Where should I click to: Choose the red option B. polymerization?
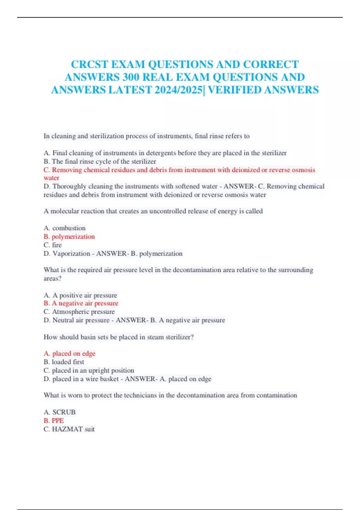pos(69,237)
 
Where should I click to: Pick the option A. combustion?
pos(64,228)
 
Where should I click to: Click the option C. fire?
pos(52,245)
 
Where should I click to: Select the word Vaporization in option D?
pos(71,254)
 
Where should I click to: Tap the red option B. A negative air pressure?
pos(81,303)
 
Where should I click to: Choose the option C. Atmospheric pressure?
pos(79,312)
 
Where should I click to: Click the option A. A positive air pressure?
pos(80,295)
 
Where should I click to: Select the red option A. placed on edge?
pos(69,354)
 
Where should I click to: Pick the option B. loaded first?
pos(64,362)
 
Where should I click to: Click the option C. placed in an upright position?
pos(89,370)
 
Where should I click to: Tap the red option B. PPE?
pos(54,421)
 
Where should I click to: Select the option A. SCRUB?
pos(59,412)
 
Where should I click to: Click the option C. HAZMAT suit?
pos(69,429)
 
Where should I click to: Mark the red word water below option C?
pos(51,178)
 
